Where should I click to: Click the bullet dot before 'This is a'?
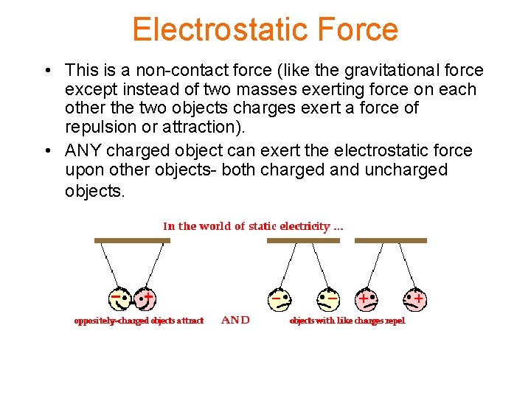point(46,71)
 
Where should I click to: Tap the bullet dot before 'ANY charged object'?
point(46,151)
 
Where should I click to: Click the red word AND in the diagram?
point(236,320)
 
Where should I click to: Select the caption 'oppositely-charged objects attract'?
point(139,321)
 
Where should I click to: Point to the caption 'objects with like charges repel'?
point(347,321)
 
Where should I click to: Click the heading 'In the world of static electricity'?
point(253,226)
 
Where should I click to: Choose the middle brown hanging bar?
point(303,240)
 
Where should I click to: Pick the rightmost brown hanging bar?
point(390,240)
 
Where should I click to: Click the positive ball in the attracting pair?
point(145,298)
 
